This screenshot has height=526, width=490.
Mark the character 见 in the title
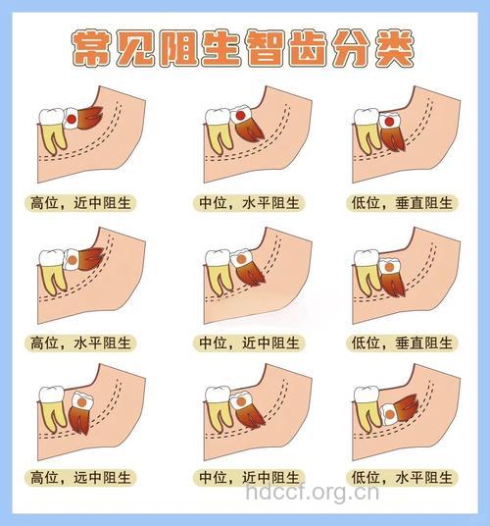pyautogui.click(x=142, y=46)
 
